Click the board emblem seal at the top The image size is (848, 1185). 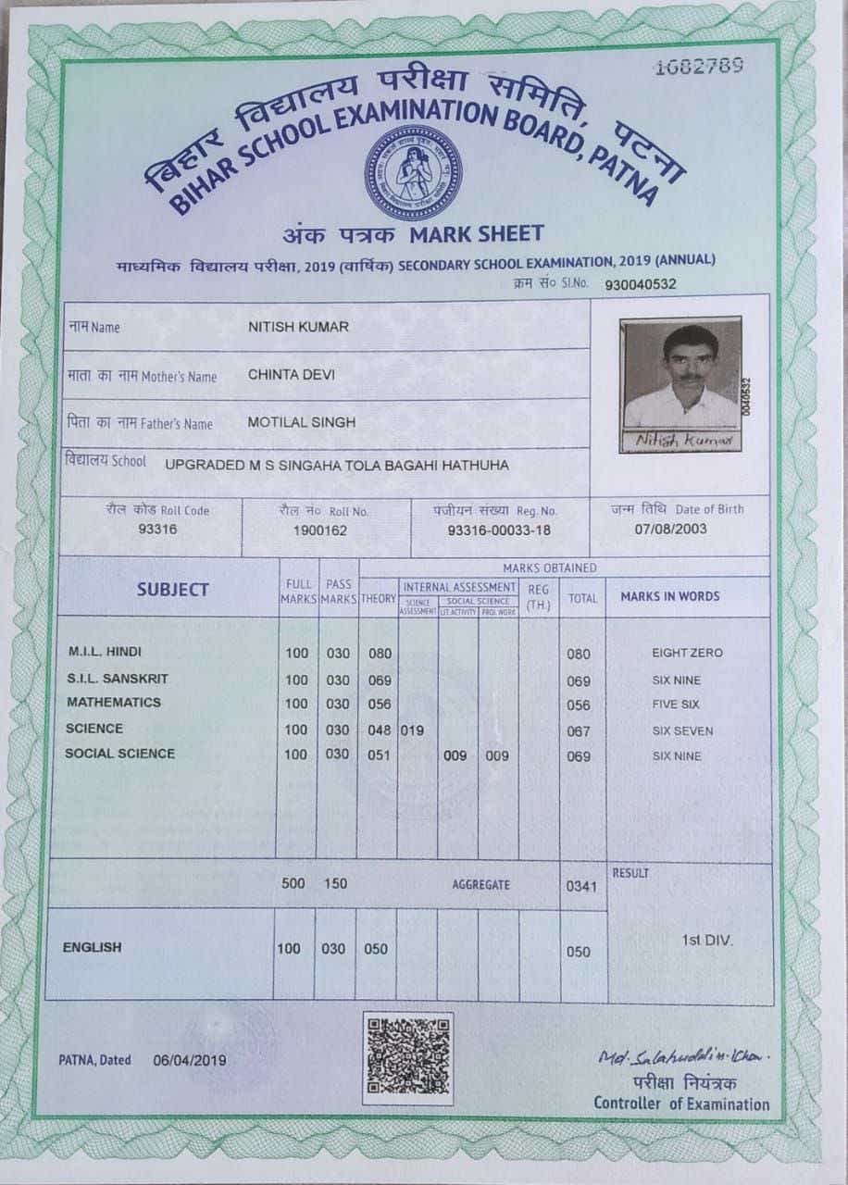(413, 172)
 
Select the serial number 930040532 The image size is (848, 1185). (640, 284)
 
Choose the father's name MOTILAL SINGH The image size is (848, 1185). (301, 422)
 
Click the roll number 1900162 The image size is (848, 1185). (319, 530)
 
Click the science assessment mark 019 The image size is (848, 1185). (412, 730)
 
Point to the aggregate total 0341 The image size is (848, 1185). (579, 886)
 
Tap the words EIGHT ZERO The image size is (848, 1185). (687, 654)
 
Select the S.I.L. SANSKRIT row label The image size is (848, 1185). (117, 679)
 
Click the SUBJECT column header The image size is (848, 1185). (173, 590)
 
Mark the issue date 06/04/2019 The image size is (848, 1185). (189, 1060)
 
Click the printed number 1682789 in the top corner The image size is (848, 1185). (699, 67)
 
